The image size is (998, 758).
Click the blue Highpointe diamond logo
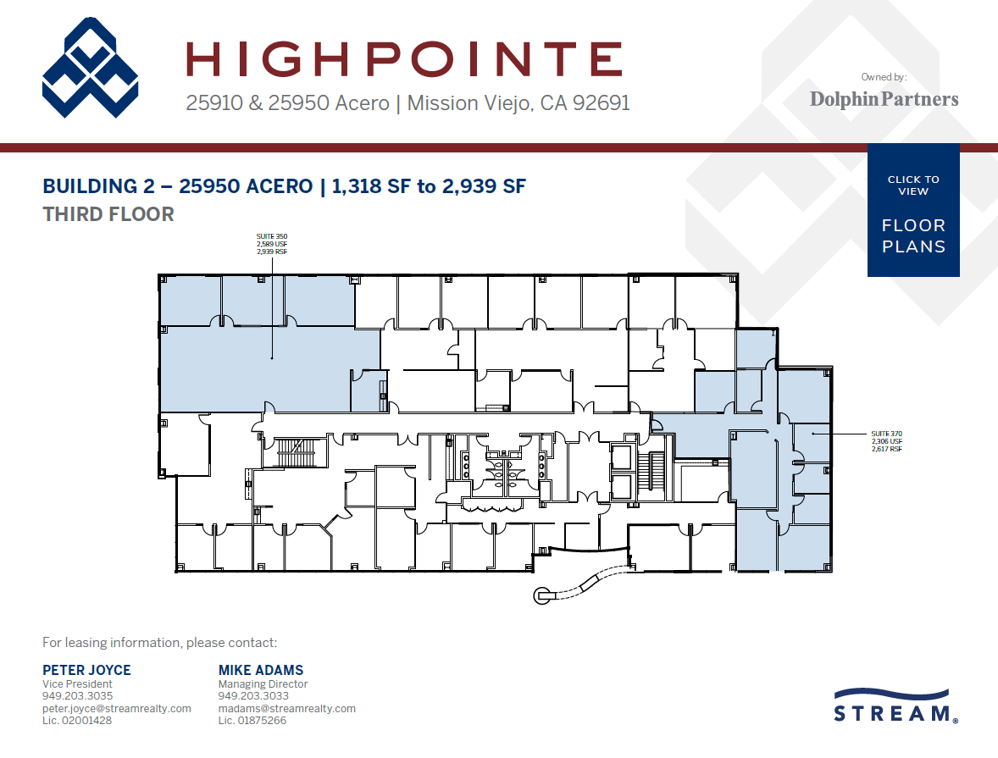[x=91, y=69]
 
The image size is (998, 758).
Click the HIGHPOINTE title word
[x=404, y=59]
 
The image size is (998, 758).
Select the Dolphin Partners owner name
[x=884, y=99]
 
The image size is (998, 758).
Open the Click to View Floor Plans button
[x=913, y=211]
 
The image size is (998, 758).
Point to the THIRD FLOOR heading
[x=108, y=214]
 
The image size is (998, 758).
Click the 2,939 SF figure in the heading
[x=484, y=186]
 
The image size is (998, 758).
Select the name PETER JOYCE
[x=86, y=670]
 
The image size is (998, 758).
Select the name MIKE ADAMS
[x=261, y=670]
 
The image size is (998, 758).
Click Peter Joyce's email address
[x=117, y=708]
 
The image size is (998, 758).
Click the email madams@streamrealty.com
[x=287, y=708]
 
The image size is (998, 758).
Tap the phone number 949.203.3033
[x=247, y=696]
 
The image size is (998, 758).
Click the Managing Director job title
[x=263, y=683]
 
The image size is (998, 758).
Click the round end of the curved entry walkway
[x=541, y=596]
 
